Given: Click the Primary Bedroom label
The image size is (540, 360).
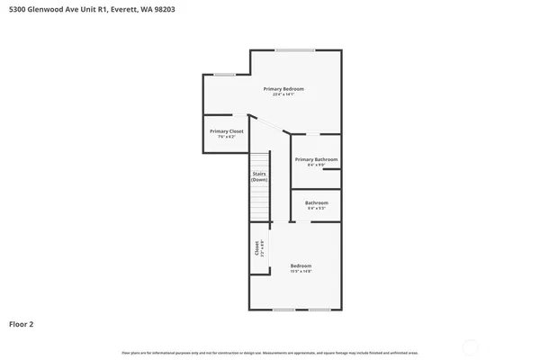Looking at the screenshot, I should tap(283, 88).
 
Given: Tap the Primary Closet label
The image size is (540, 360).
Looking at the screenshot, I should tap(227, 131).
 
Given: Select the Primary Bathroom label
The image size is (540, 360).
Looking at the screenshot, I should tap(316, 159).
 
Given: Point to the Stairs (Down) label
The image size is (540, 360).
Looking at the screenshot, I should tap(259, 176).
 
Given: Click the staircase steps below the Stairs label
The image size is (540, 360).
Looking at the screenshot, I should tap(259, 208).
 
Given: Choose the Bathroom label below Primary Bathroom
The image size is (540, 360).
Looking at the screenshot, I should tap(316, 202).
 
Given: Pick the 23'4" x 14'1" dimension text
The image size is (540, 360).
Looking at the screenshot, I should tap(283, 94).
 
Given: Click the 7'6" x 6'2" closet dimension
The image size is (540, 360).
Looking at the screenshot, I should tap(227, 137).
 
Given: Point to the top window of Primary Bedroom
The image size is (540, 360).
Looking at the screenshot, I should tap(289, 49).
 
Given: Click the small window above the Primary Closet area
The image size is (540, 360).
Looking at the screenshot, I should tap(224, 74).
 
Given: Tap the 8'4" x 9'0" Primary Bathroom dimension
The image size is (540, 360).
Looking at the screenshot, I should tap(316, 165).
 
